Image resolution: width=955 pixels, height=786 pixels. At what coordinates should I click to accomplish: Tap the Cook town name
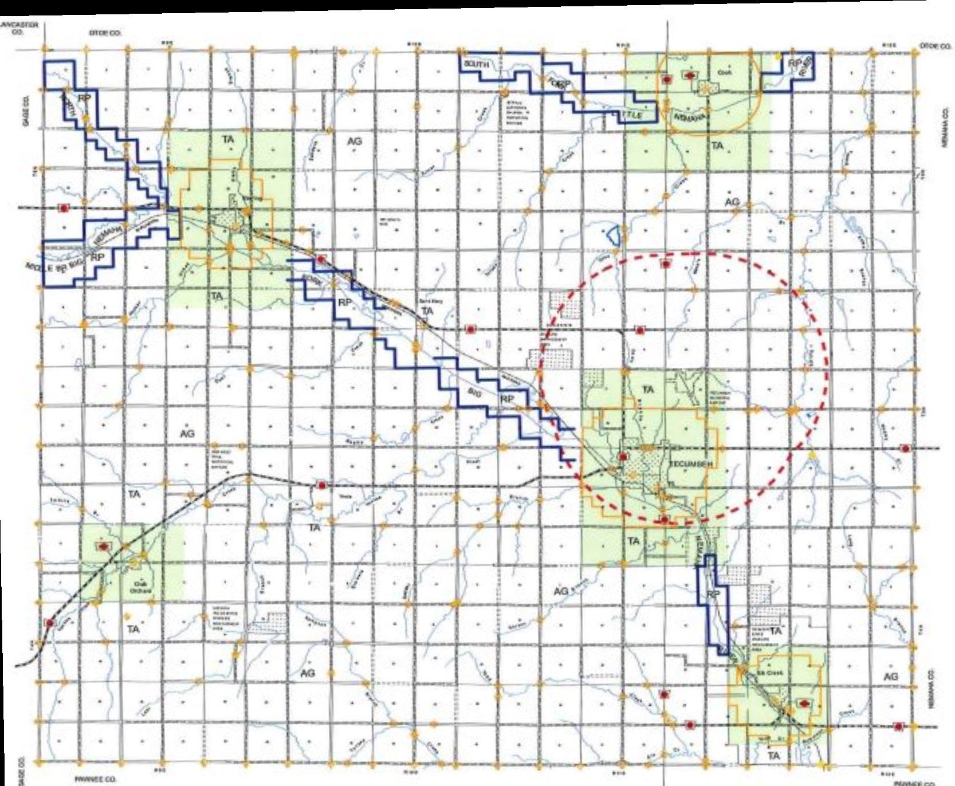click(722, 73)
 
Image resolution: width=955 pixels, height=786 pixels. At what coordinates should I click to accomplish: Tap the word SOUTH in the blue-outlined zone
click(476, 64)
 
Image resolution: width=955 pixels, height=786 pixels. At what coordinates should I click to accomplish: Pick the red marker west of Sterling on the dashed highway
click(64, 207)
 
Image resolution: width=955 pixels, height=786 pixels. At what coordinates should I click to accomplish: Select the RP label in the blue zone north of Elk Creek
click(713, 595)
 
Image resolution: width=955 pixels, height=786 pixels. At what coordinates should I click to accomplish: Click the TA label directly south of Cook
click(717, 146)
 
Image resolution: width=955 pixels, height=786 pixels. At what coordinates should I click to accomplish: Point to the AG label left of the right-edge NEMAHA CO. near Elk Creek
click(890, 677)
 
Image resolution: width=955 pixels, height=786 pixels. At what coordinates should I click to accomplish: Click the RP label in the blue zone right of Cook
click(795, 64)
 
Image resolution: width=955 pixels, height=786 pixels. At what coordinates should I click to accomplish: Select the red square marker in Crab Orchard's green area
click(104, 547)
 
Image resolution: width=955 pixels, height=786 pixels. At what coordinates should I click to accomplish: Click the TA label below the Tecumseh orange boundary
click(633, 541)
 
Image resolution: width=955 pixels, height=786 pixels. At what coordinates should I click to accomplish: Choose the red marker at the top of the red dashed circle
click(665, 264)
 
